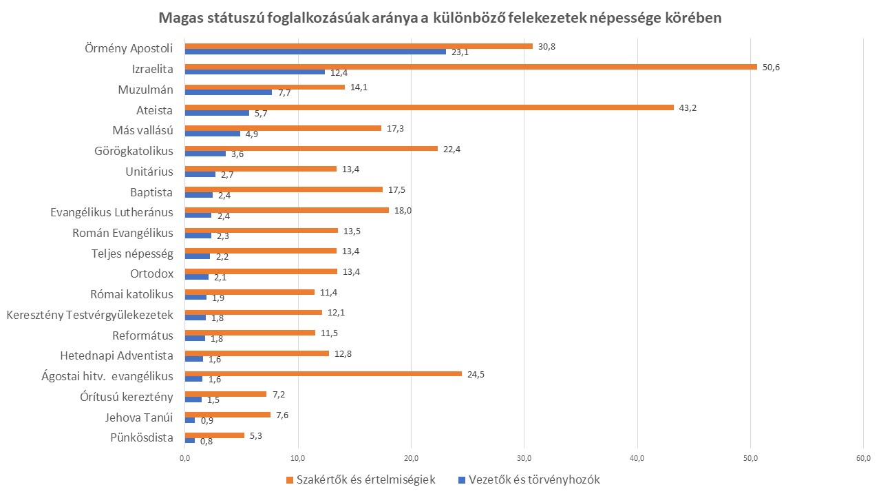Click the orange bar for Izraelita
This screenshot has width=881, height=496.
[x=471, y=67]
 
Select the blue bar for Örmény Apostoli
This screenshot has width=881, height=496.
[x=315, y=52]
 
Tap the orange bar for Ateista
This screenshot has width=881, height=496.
[x=429, y=107]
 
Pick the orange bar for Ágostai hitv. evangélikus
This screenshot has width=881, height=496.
[x=323, y=374]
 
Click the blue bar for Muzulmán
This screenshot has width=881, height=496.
[x=229, y=92]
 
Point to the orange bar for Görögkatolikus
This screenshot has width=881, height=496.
[x=311, y=148]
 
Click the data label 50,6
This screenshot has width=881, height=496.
[x=770, y=67]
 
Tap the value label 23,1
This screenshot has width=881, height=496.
[x=460, y=52]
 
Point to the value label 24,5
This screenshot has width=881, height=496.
[x=476, y=374]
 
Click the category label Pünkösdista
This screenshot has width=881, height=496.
[x=142, y=437]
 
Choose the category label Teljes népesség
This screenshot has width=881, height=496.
[x=132, y=253]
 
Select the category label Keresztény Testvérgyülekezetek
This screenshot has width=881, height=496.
[x=89, y=315]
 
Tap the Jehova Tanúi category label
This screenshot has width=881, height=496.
[x=139, y=417]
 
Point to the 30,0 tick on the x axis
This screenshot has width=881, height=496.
[x=524, y=458]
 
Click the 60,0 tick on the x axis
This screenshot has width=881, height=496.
[x=863, y=458]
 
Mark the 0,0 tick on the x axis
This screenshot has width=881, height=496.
[x=184, y=458]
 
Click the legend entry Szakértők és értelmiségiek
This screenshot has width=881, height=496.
[x=365, y=480]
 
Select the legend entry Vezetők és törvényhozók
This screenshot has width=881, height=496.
[x=534, y=480]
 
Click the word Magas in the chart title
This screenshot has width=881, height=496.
[x=180, y=19]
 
